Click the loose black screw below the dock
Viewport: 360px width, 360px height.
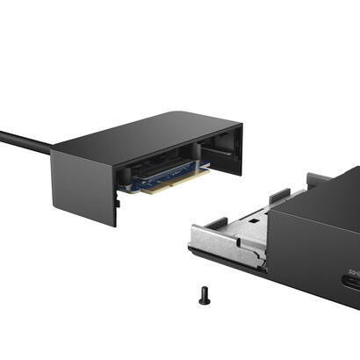point(205,297)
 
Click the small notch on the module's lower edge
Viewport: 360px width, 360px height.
point(118,203)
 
